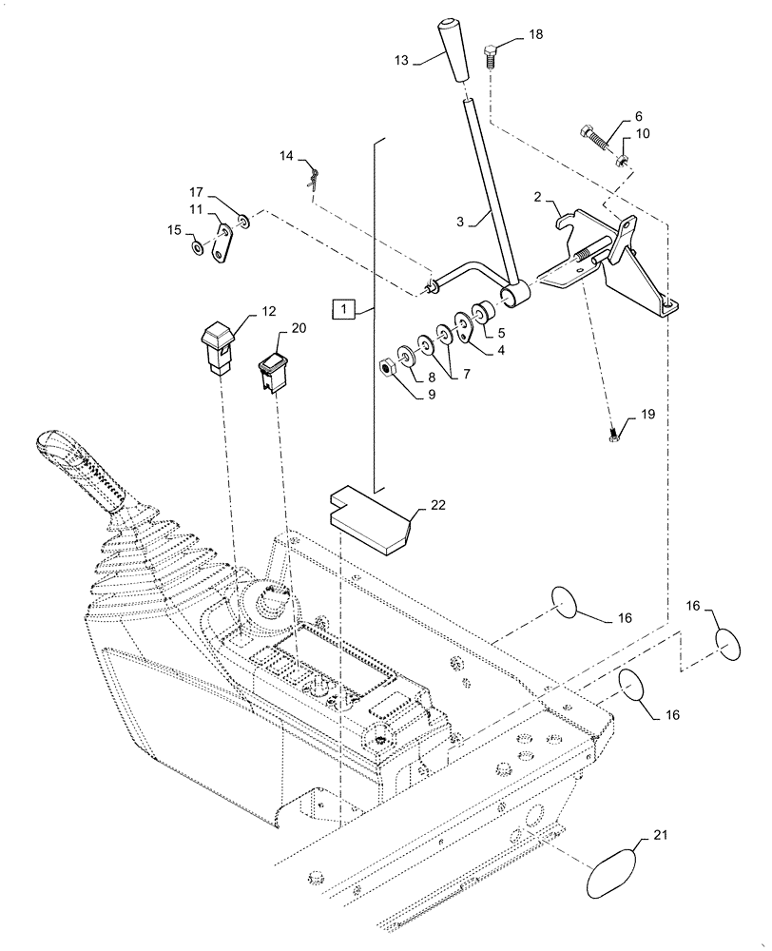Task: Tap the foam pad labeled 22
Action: [371, 519]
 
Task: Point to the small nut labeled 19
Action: [613, 437]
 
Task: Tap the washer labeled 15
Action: [196, 248]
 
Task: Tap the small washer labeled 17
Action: [245, 222]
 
